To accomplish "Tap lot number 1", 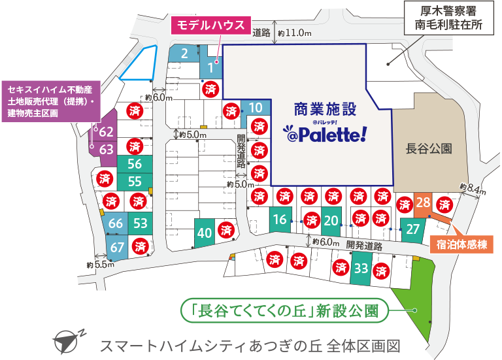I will [211, 67].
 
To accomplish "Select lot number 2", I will [185, 54].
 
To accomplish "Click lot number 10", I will [257, 108].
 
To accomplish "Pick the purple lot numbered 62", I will [107, 132].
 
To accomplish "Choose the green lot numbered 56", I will [135, 164].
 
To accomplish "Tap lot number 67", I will [117, 247].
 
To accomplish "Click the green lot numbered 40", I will [205, 232].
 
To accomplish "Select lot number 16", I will [280, 220].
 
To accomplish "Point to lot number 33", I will [361, 267].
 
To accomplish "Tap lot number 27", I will [412, 229].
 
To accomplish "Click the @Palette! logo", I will [325, 133].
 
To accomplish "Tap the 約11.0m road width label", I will [294, 32].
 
